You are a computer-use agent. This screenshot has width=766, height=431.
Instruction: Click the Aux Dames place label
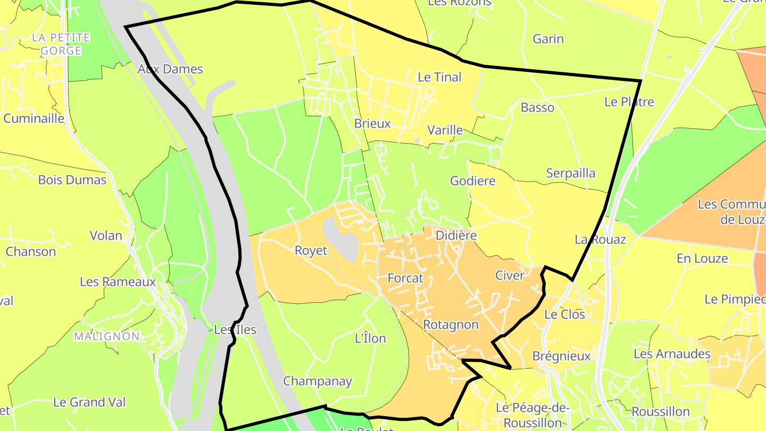(x=170, y=69)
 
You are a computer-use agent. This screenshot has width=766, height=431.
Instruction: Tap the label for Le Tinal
(x=439, y=77)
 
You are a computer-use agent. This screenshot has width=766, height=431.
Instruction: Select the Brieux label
(x=372, y=123)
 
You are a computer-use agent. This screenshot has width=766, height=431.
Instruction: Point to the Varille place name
(x=445, y=130)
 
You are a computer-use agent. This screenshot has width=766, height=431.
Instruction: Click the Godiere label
(x=472, y=181)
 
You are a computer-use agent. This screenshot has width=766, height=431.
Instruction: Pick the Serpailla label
(x=570, y=173)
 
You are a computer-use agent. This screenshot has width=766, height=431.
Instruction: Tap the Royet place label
(x=311, y=251)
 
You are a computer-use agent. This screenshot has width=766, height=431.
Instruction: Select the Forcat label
(x=405, y=278)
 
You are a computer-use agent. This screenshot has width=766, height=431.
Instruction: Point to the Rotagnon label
(x=451, y=325)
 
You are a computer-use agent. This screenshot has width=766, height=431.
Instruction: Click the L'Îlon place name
(x=370, y=338)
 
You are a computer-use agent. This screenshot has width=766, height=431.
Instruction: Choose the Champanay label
(x=317, y=381)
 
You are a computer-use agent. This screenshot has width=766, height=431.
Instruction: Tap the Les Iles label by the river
(x=235, y=330)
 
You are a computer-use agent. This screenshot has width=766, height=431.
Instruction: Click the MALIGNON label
(x=106, y=336)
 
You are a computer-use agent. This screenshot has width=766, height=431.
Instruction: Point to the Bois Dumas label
(x=72, y=180)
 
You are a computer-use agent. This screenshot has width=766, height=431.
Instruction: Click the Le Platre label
(x=629, y=102)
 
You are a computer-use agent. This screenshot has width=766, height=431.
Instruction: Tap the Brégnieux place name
(x=561, y=356)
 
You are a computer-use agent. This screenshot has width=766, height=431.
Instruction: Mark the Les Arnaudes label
(x=671, y=354)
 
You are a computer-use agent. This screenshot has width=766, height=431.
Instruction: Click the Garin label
(x=548, y=39)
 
